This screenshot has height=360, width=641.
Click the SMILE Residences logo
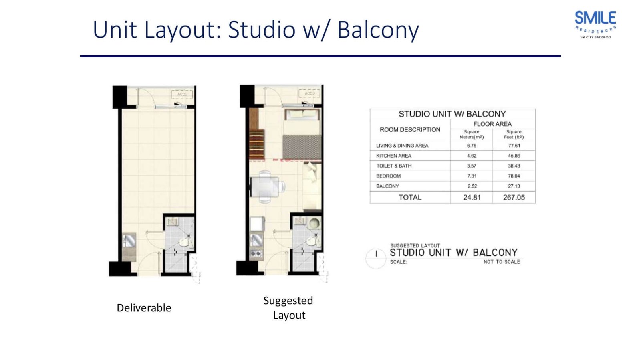(595, 24)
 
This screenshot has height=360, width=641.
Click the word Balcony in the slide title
(378, 30)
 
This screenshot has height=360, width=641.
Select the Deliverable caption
(144, 308)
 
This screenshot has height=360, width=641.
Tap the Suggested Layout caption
(288, 308)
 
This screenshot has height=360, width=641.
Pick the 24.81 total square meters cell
(472, 197)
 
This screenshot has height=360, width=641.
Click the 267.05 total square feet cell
(514, 197)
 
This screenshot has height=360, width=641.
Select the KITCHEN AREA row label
(393, 156)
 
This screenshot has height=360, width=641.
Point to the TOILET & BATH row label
(394, 166)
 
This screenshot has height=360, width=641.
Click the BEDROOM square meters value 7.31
(472, 176)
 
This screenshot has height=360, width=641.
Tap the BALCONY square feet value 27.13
(514, 186)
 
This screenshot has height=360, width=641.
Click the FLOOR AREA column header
(492, 124)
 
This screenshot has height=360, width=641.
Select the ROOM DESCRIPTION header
(410, 130)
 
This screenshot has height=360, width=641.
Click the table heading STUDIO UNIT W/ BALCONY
(452, 114)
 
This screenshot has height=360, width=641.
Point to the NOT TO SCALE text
(502, 262)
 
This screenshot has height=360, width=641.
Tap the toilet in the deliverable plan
(185, 242)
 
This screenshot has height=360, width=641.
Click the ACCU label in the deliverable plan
(182, 94)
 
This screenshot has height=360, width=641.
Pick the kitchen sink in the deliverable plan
(129, 241)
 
